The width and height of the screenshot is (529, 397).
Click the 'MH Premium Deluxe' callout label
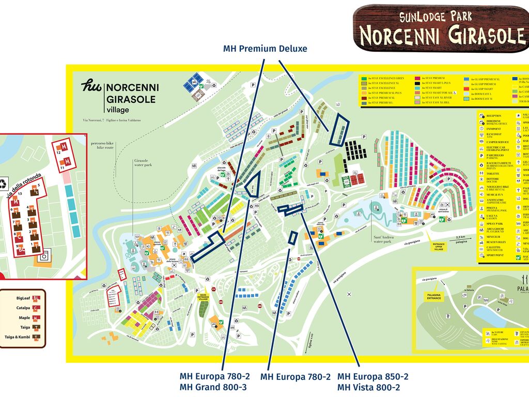pyautogui.click(x=265, y=49)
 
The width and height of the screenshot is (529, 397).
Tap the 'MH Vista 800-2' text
pyautogui.click(x=368, y=388)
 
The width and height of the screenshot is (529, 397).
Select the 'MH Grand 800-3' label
pyautogui.click(x=213, y=388)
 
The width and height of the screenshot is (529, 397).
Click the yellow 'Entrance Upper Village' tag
pyautogui.click(x=439, y=248)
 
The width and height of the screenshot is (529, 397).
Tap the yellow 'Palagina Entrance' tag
pyautogui.click(x=434, y=297)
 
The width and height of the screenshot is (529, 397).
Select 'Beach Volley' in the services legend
pyautogui.click(x=495, y=242)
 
